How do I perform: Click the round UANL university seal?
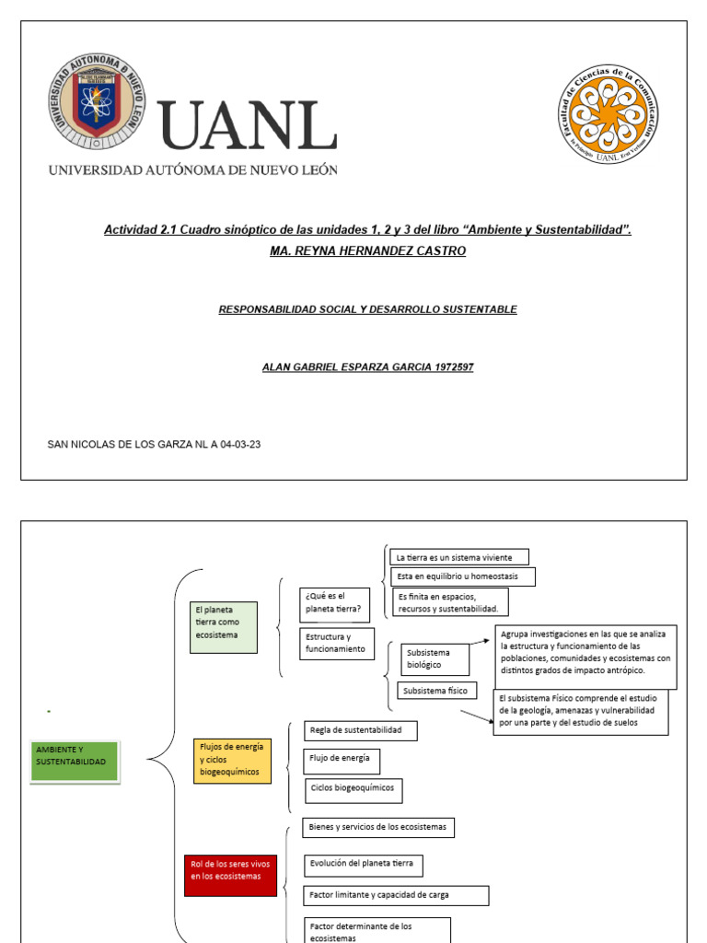click(x=97, y=102)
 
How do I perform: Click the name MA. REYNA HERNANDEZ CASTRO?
click(x=367, y=251)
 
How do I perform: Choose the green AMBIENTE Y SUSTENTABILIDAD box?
click(x=75, y=762)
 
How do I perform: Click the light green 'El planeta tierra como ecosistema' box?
click(x=225, y=627)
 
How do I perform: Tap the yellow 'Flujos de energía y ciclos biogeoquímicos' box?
click(x=233, y=760)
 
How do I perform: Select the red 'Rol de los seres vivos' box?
click(x=230, y=876)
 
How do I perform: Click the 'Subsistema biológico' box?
click(x=435, y=658)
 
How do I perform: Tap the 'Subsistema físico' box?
click(x=437, y=690)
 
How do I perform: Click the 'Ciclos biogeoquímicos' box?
click(x=353, y=789)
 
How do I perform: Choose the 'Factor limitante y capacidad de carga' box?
click(x=396, y=895)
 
